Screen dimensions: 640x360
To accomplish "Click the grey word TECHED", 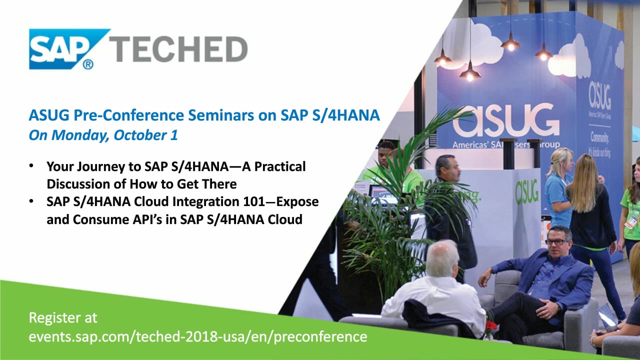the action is coord(178,49).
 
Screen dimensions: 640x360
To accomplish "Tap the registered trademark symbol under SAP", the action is coord(87,64).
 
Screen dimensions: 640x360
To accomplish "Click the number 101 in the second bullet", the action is coord(254,201).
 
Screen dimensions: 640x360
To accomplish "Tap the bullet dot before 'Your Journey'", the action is coord(31,165).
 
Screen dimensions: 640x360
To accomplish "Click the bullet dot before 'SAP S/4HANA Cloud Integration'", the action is coord(31,201).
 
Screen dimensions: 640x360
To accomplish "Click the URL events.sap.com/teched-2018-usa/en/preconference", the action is coord(198,336).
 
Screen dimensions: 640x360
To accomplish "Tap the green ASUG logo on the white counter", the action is coord(527,192).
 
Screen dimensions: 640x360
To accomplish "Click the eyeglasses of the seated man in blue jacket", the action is coord(557,242).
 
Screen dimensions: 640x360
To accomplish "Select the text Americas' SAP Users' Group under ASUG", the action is coord(506,145).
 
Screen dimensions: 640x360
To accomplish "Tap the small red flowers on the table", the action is coord(491,325).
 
